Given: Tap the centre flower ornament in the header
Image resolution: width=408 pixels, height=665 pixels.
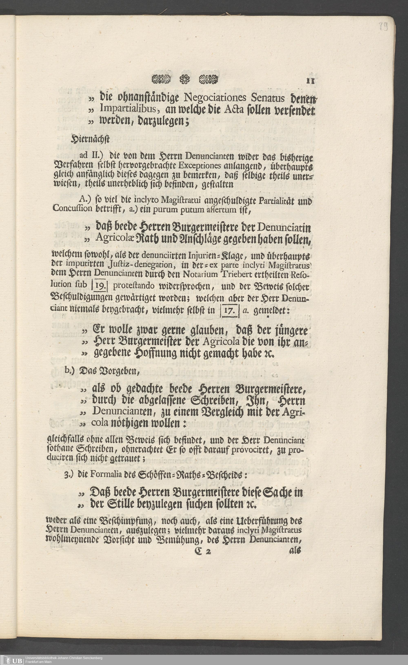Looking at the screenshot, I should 185,79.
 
